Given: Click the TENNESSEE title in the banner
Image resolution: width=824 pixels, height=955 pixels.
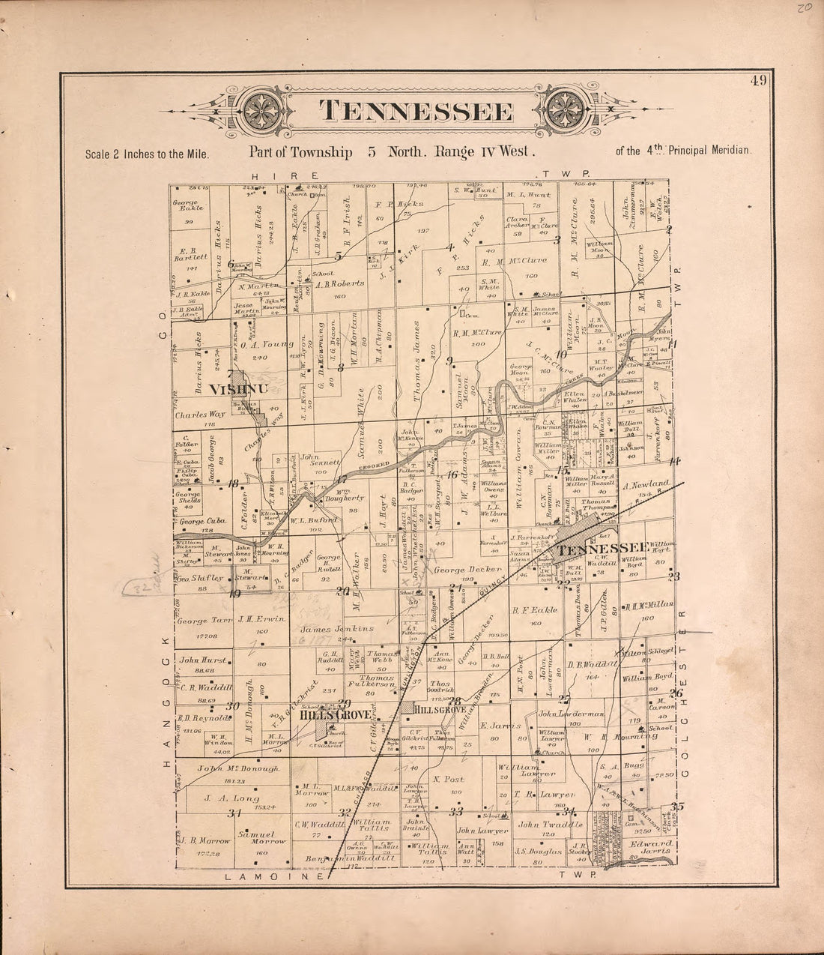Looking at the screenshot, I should point(416,111).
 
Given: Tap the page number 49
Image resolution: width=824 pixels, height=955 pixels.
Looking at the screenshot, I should point(757,81).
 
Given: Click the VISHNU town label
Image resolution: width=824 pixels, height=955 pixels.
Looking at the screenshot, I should point(238,390).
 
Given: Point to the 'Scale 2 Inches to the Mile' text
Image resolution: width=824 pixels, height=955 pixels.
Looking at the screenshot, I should point(147,154).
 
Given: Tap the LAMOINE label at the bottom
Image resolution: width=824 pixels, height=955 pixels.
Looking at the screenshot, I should point(273,876).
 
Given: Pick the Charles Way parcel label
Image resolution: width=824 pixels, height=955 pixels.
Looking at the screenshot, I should point(200,414).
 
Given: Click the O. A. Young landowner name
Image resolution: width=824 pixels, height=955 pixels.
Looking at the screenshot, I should point(267,345).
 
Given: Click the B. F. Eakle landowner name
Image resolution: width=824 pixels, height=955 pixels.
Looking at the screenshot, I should point(534,610).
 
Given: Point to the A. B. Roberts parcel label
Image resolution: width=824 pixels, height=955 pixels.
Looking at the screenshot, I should point(339,283).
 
